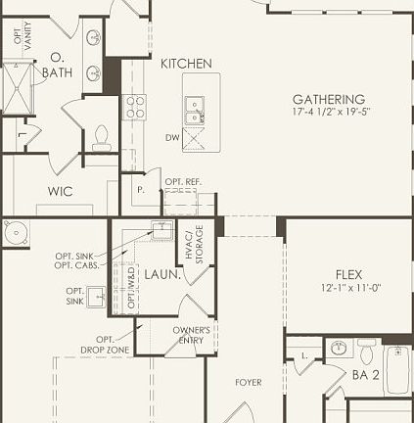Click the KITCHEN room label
(186, 64)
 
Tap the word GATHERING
(329, 100)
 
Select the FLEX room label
(349, 275)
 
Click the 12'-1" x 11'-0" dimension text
(349, 289)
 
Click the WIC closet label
(60, 192)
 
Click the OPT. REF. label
(183, 182)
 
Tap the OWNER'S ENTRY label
(191, 336)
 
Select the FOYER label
(248, 382)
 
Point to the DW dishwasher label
(171, 137)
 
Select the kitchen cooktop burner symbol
(134, 107)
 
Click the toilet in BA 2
(367, 351)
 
